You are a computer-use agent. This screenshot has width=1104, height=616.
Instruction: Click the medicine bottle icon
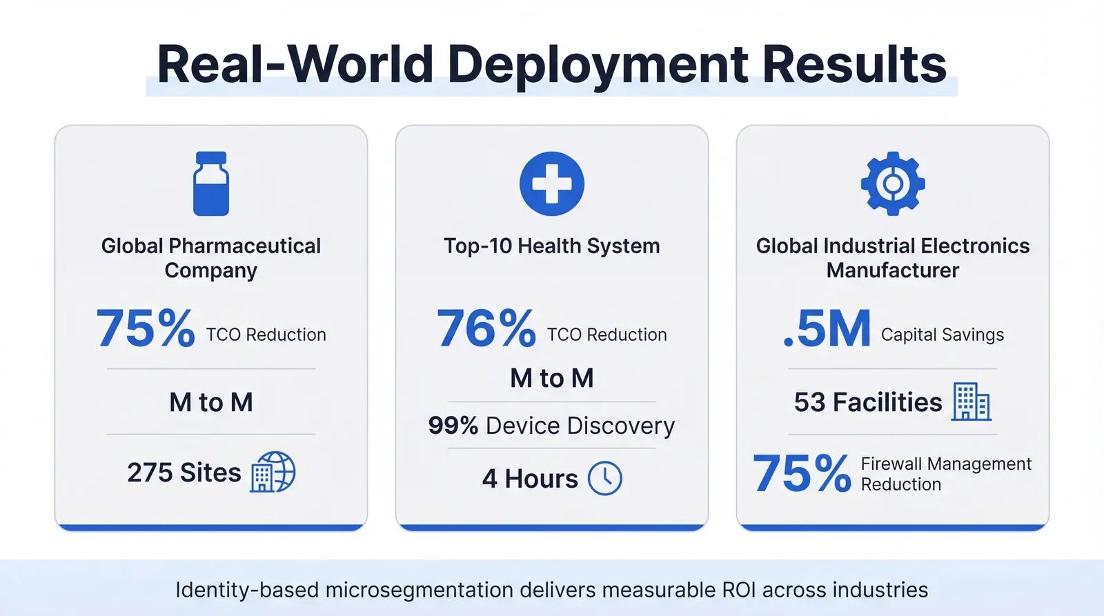point(210,183)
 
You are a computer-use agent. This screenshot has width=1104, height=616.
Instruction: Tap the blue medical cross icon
point(551,183)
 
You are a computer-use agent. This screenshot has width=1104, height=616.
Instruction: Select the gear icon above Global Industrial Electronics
point(892,183)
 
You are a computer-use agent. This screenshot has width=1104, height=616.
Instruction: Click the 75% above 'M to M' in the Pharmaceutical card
point(146,328)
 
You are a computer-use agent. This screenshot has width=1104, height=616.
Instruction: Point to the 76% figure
point(486,328)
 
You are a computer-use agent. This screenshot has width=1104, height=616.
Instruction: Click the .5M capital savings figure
point(827,329)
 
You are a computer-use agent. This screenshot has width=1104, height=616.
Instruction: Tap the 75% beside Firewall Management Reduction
point(802,474)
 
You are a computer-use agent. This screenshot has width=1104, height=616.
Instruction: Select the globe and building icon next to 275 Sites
point(273,472)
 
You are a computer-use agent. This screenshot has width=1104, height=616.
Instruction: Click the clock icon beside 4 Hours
point(604,478)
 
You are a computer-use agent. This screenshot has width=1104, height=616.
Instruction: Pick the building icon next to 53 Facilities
point(972,401)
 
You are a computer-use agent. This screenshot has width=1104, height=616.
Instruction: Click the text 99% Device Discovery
point(551,426)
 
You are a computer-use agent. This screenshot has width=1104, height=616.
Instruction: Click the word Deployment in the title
point(598,64)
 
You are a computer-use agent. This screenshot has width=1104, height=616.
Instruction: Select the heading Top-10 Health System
point(551,246)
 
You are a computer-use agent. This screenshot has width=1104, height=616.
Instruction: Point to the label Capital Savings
point(942,335)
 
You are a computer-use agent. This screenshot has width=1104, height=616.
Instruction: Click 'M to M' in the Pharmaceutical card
point(211,402)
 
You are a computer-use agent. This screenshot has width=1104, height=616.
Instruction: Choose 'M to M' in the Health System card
point(551,378)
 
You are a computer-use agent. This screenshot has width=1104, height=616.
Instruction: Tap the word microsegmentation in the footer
point(419,590)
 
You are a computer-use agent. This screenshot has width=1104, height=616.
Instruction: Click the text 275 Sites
point(184,473)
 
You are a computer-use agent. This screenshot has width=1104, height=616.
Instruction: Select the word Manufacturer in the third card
point(892,270)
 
